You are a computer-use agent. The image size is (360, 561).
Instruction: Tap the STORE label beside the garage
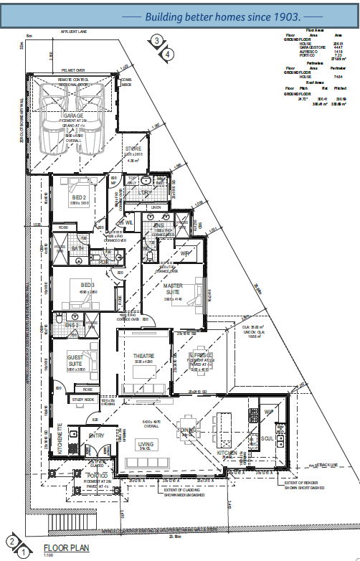(133, 149)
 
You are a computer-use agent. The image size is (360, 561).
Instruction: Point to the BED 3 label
(78, 286)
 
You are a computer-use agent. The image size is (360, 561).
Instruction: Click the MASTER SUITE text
(173, 289)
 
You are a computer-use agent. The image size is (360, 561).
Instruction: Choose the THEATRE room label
(143, 356)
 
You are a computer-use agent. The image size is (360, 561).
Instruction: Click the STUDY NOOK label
(84, 399)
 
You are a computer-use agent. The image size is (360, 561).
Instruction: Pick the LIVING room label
(146, 444)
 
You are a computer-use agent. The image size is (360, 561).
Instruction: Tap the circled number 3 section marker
(156, 41)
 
